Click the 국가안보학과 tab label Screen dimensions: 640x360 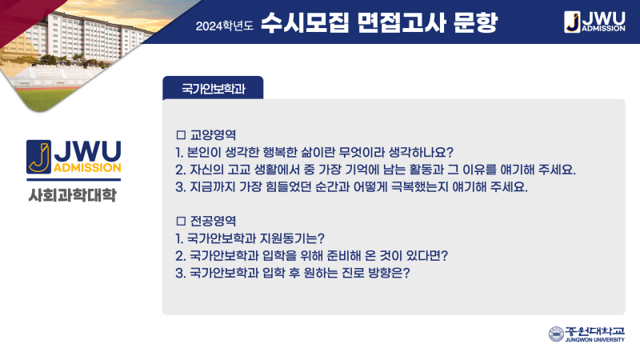[213, 89]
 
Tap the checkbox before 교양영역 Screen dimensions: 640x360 [181, 134]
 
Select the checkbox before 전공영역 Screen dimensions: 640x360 [181, 221]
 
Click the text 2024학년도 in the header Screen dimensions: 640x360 [225, 26]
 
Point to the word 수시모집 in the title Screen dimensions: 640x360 [305, 22]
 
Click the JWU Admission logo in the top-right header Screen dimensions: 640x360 [594, 22]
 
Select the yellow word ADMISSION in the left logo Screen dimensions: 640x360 [87, 168]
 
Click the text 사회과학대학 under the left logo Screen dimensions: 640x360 [73, 195]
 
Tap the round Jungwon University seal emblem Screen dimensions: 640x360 [556, 334]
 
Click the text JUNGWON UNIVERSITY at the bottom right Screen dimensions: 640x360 [594, 339]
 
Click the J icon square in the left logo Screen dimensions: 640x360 [38, 157]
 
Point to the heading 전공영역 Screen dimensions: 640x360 [213, 221]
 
